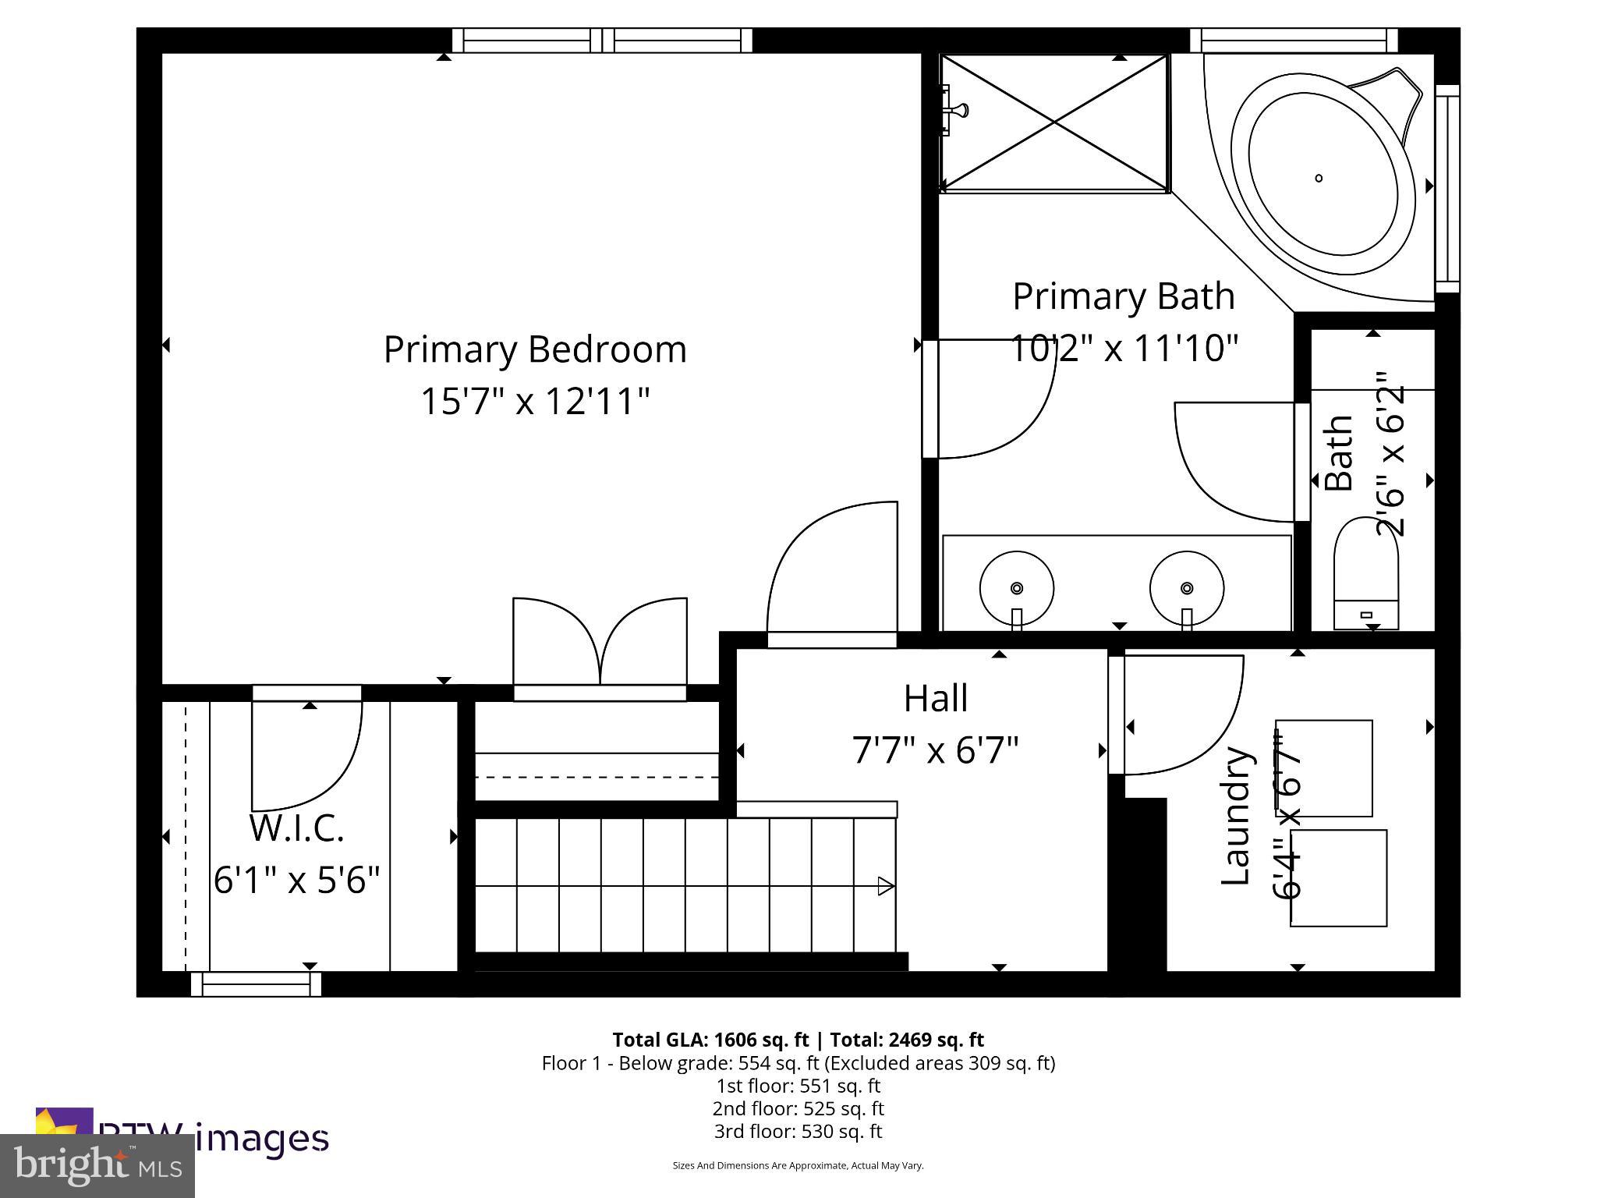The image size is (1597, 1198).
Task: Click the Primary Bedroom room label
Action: tap(535, 349)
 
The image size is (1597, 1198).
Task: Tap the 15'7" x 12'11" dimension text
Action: tap(535, 402)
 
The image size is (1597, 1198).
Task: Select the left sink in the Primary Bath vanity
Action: tap(1016, 588)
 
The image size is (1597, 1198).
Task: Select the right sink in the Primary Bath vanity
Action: tap(1186, 588)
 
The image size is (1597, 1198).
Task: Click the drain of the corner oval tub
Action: tap(1319, 178)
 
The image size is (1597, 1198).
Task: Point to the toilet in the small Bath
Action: tap(1366, 577)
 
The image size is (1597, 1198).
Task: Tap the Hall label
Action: tap(936, 698)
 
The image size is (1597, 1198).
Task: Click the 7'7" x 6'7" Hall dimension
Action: tap(935, 750)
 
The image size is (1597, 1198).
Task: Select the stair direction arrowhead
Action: tap(886, 886)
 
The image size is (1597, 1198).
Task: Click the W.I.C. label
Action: tap(296, 828)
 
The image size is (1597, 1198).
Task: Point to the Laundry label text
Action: tap(1236, 816)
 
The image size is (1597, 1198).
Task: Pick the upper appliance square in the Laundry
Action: tap(1324, 768)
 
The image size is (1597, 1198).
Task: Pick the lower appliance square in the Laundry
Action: tap(1339, 878)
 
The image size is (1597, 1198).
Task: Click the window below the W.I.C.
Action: tap(256, 984)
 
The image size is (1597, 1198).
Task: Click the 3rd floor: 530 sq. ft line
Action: tap(798, 1131)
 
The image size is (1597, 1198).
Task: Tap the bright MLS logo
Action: tap(97, 1166)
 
